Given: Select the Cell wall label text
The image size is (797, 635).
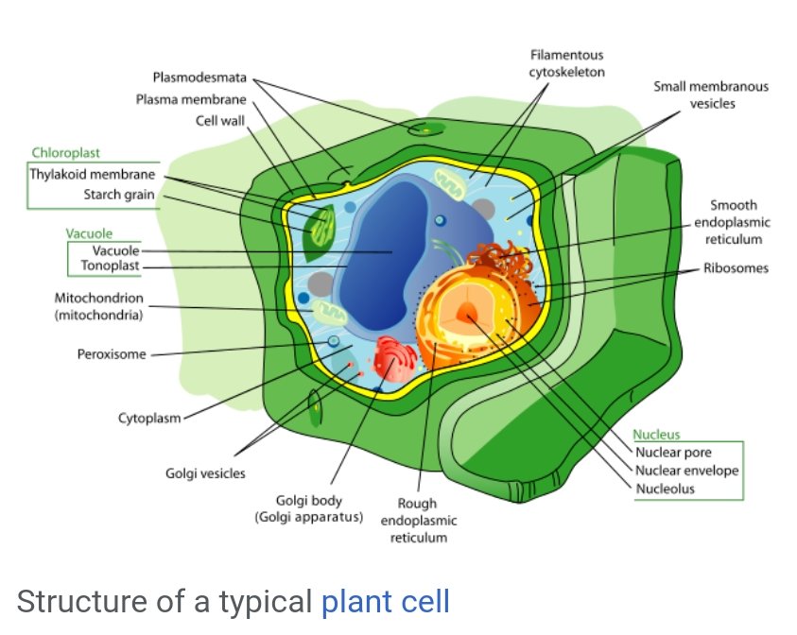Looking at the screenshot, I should point(220,121).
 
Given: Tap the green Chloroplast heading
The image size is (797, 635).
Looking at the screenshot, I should point(65,153).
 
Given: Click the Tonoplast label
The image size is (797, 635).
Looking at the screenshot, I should point(110,266).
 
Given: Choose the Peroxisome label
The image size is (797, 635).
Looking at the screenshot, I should point(111,355).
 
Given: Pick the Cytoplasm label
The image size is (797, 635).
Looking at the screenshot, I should point(149,417).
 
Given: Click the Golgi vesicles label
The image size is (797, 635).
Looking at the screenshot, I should point(204,473).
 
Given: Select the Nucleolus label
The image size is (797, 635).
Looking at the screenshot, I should point(665,489).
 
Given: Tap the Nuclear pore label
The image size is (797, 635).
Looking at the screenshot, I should point(672,452).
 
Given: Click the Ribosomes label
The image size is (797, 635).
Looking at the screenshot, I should point(736,268).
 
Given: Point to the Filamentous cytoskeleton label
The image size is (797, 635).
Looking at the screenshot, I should point(566,63).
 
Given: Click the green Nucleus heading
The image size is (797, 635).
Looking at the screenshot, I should point(656,435).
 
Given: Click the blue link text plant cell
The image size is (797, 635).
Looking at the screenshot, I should point(386,602).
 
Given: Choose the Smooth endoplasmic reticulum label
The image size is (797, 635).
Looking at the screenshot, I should point(732,222).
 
